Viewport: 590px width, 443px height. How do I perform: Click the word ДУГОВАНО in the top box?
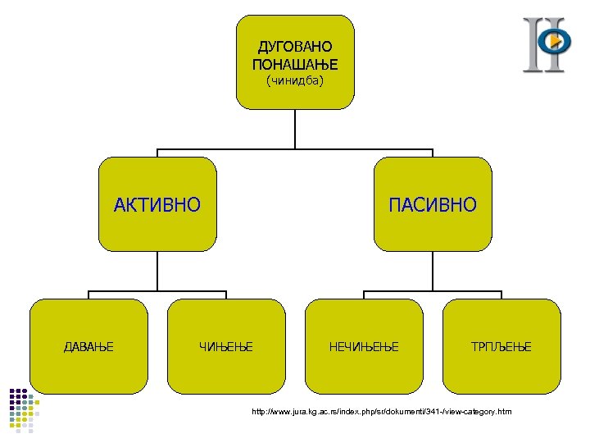pos(295,48)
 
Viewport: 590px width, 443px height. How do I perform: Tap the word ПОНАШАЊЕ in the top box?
pos(295,63)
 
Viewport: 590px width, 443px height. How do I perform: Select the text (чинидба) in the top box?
pos(295,80)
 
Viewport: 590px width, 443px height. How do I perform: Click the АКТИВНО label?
pos(157,204)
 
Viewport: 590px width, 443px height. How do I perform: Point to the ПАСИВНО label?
pos(433,204)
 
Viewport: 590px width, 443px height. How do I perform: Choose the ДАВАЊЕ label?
pos(88,347)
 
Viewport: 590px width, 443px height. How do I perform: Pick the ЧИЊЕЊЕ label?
pos(226,347)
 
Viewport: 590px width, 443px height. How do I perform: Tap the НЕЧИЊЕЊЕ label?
pos(364,347)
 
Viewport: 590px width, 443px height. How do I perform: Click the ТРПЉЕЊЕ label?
pos(501,347)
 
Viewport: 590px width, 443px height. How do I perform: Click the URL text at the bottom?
pos(382,410)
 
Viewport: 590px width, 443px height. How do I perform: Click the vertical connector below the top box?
pos(295,129)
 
